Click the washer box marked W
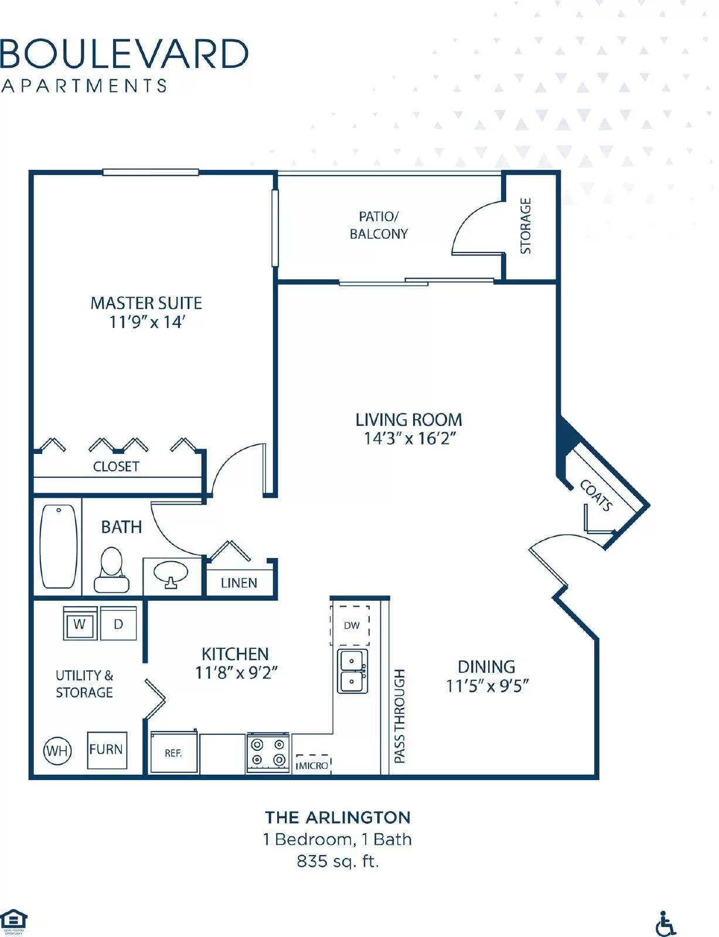pos(80,624)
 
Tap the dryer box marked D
pos(118,624)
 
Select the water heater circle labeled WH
pos(57,751)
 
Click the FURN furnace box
pos(107,750)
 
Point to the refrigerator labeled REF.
pos(173,753)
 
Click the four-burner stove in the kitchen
pos(268,753)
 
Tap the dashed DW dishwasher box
pos(351,625)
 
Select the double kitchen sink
pos(352,671)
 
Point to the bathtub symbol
pos(59,546)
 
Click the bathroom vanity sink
pos(171,573)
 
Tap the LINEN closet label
pos(239,583)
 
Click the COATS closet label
pos(596,495)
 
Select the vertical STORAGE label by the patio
pos(526,225)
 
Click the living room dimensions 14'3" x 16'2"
pos(409,439)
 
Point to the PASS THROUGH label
pos(400,716)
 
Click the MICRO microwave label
pos(312,765)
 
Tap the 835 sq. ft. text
pos(338,861)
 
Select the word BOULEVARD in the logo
pos(124,54)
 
